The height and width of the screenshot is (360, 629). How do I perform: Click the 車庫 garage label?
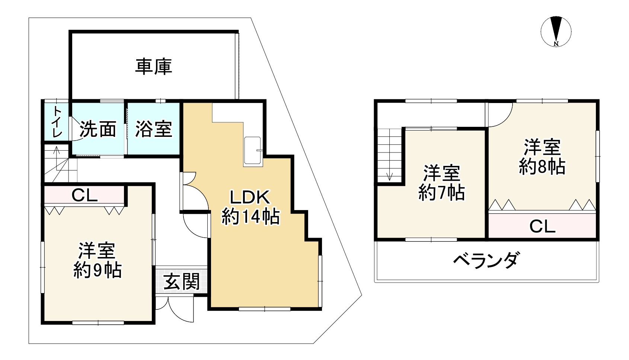(153, 67)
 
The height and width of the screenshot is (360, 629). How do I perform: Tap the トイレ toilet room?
(57, 122)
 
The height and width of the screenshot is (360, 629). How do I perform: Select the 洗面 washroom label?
(98, 129)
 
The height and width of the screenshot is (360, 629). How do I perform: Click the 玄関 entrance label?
(182, 282)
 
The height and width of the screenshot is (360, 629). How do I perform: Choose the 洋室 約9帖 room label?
(98, 260)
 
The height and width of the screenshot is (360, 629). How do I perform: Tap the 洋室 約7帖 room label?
(441, 183)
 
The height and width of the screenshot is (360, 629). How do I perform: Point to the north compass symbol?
(556, 30)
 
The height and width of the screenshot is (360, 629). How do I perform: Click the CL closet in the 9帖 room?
(84, 195)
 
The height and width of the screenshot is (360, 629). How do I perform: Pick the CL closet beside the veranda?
(542, 226)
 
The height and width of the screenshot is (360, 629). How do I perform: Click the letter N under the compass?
(556, 44)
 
